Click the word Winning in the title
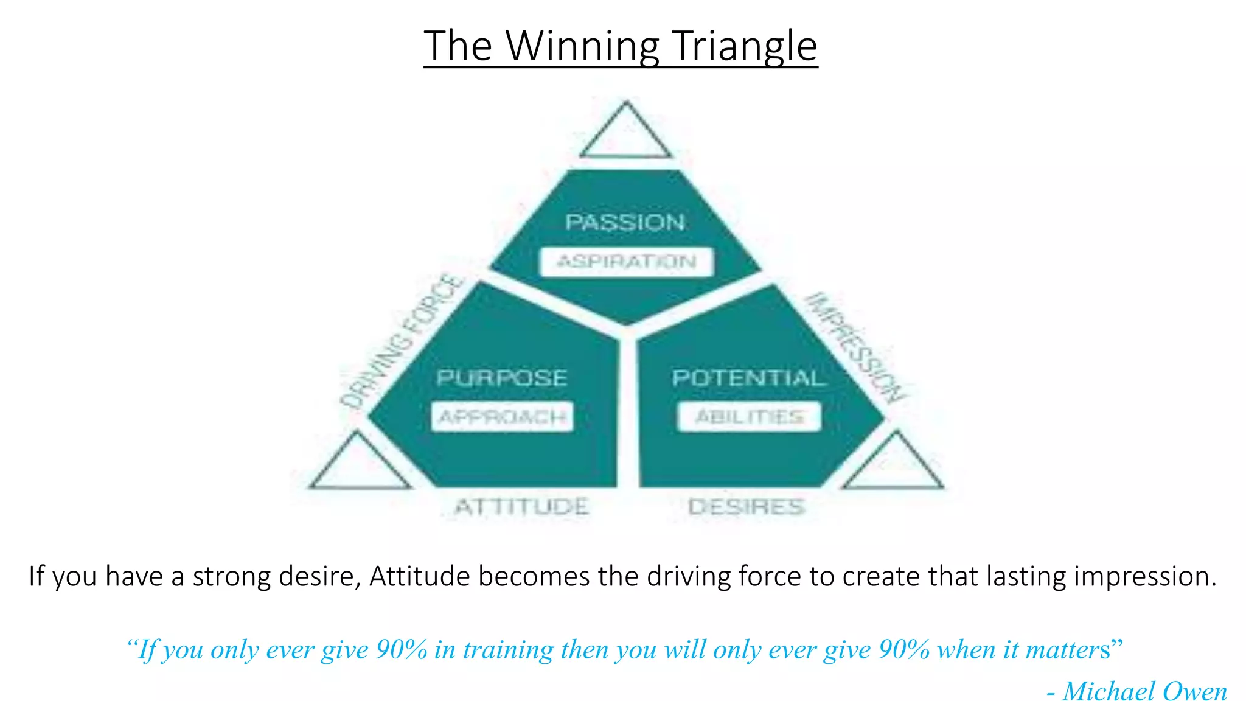click(x=583, y=46)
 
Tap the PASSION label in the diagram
click(x=625, y=222)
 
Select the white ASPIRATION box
click(x=627, y=262)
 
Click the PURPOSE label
click(x=502, y=378)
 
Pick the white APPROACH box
click(x=503, y=417)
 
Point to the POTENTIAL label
click(x=748, y=378)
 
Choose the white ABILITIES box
click(x=750, y=417)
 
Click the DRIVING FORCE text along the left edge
click(x=402, y=341)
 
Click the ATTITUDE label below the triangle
click(x=522, y=507)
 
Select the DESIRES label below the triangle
click(x=747, y=507)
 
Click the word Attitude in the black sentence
click(x=419, y=576)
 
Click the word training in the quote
click(x=508, y=650)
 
